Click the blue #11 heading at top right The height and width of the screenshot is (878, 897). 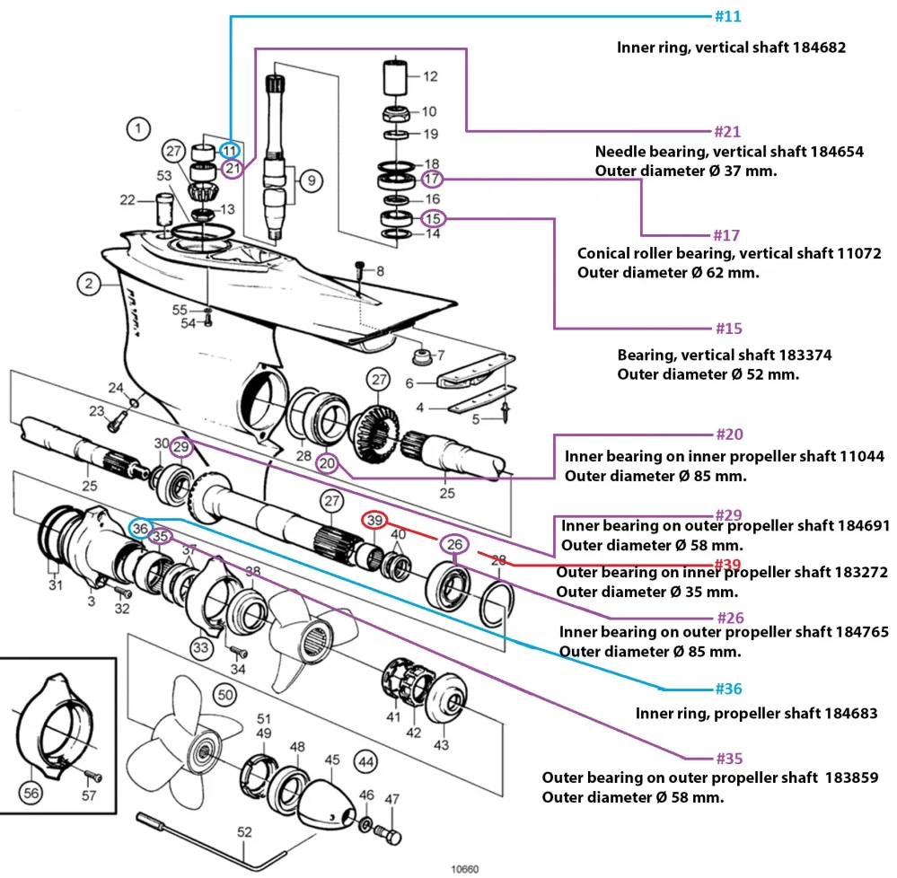(x=727, y=16)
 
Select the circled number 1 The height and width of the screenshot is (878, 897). (x=138, y=128)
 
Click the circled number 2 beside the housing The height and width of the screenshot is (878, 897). (x=89, y=284)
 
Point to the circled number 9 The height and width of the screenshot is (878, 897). (x=311, y=180)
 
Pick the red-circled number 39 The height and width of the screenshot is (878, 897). (x=374, y=520)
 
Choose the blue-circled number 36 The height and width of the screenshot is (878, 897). (x=140, y=529)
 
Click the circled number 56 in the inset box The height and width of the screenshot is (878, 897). (x=31, y=793)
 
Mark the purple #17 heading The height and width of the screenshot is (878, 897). (x=726, y=235)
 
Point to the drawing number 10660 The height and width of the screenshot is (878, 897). (x=464, y=869)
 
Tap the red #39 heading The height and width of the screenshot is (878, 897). (x=727, y=565)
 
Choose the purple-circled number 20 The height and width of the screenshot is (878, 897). (x=327, y=462)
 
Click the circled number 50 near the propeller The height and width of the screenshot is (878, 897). (x=225, y=695)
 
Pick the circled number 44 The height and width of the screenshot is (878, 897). (x=366, y=761)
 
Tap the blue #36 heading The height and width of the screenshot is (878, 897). (x=729, y=689)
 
